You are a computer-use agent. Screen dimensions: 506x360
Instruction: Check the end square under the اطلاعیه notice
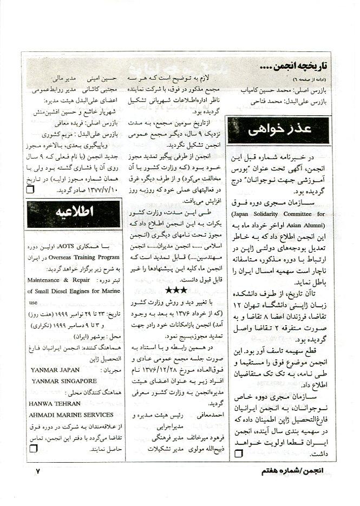[x=32, y=449]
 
